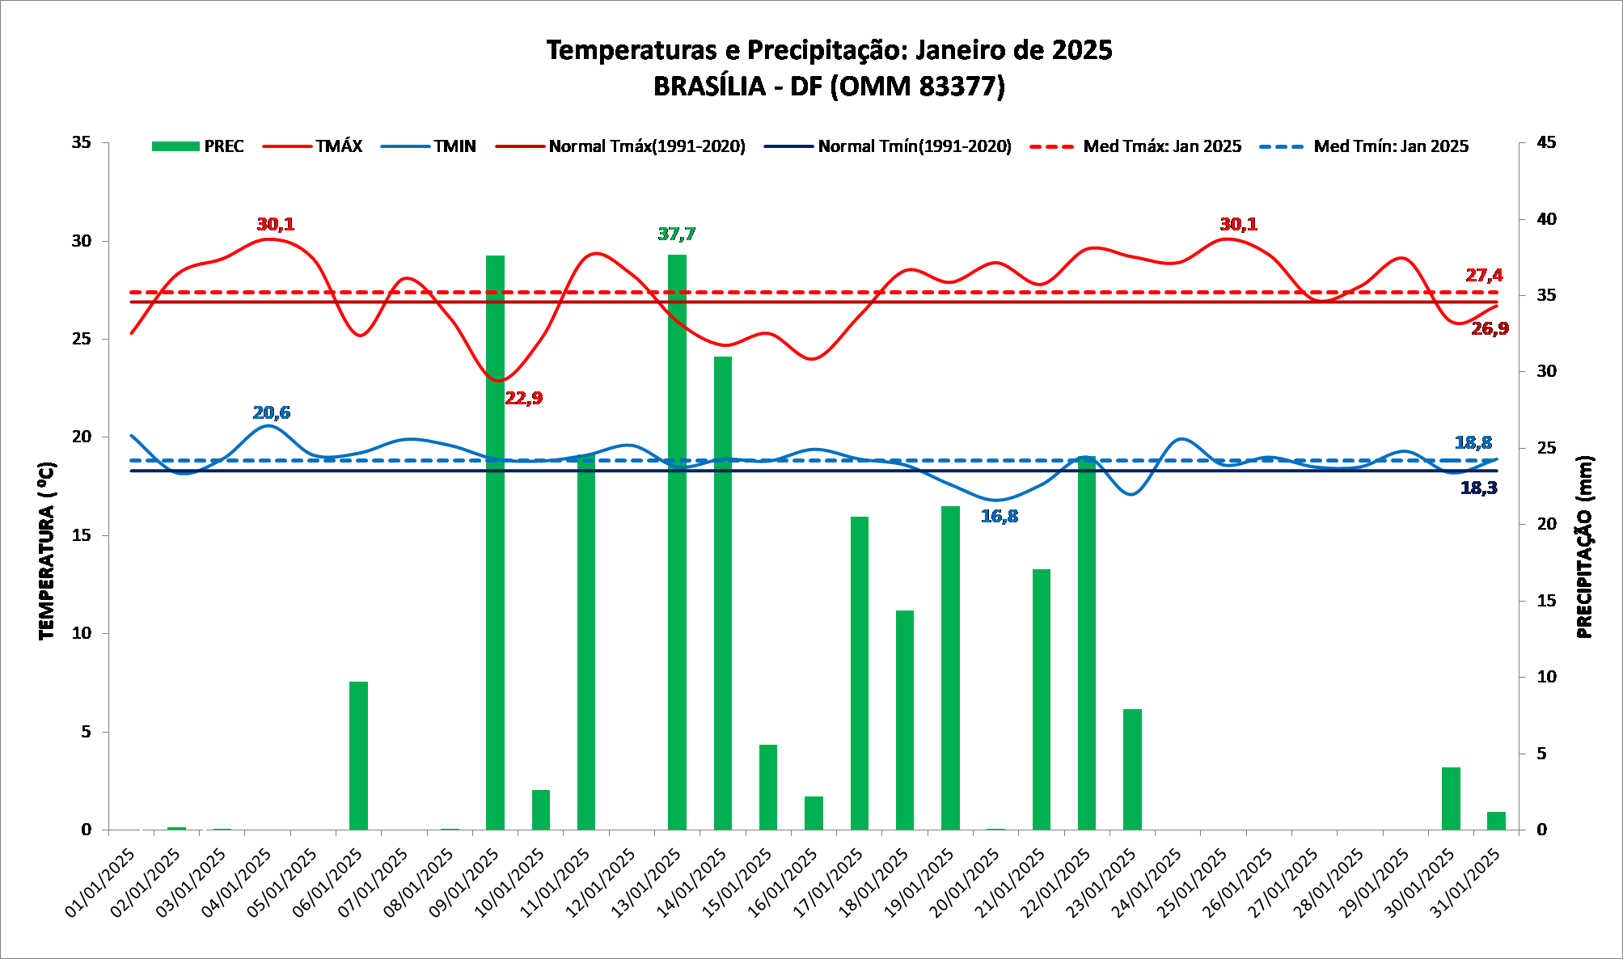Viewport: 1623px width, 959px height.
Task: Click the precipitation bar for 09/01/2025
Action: (x=495, y=542)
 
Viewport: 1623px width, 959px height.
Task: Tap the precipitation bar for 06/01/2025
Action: (x=358, y=755)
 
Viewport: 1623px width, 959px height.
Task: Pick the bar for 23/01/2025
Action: (x=1132, y=769)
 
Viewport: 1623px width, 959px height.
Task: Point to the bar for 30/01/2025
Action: (x=1451, y=798)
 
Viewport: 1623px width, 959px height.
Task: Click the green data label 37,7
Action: (x=676, y=234)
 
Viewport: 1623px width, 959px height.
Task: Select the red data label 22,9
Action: (x=524, y=398)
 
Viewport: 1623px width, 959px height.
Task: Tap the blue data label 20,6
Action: (x=272, y=413)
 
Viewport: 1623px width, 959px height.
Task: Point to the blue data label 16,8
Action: (x=1000, y=517)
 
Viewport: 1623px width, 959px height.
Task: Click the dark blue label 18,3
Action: (x=1478, y=488)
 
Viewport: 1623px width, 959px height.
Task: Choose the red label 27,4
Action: (x=1484, y=276)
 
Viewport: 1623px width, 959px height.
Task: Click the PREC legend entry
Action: (x=198, y=146)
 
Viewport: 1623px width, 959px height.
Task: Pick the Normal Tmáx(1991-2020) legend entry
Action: (x=621, y=146)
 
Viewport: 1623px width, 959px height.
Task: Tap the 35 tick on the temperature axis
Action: (x=82, y=142)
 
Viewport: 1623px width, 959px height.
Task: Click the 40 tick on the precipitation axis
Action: (x=1546, y=219)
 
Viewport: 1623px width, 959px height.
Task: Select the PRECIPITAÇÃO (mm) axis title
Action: (x=1584, y=547)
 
